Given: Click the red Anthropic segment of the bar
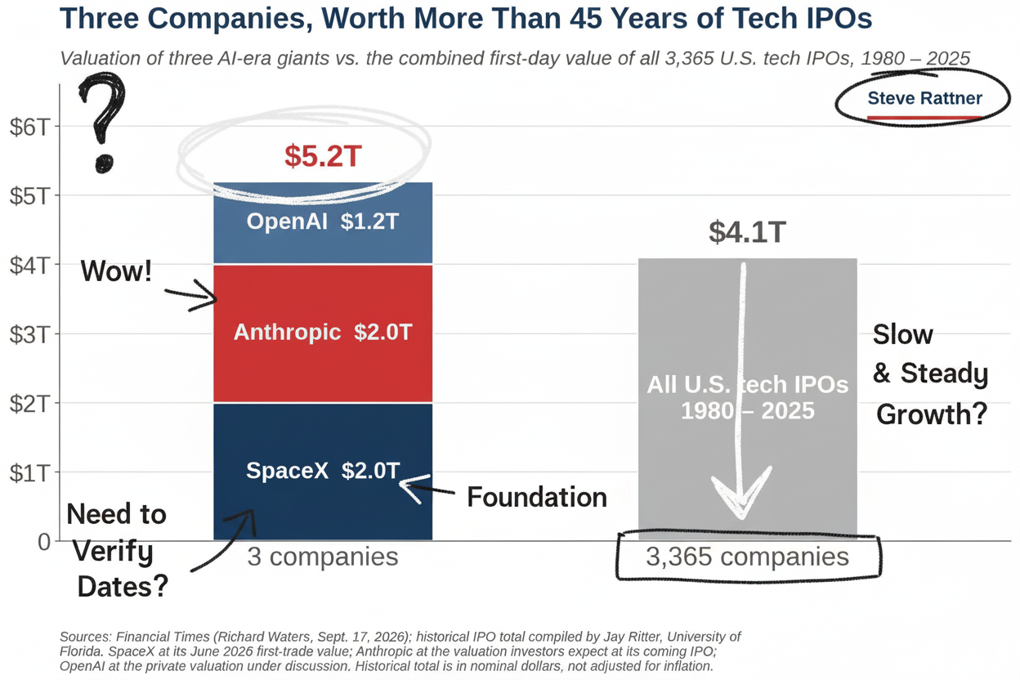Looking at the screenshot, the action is [323, 333].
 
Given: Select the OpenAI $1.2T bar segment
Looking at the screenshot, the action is [323, 223].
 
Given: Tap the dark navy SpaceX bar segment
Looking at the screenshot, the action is [323, 472].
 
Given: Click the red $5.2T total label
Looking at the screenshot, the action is [323, 156].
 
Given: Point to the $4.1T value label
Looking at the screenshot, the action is [747, 232].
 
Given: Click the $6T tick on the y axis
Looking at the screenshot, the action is [29, 127].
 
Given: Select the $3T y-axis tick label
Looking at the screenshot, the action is [29, 335].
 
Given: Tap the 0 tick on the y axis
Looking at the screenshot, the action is [44, 542].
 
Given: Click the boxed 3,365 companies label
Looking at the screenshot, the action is [747, 556].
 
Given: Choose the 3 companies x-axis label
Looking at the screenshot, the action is [323, 557].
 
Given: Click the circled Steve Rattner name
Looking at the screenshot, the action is [924, 98].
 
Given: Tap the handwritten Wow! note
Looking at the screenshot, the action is [116, 271].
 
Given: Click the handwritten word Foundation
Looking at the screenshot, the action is [537, 497].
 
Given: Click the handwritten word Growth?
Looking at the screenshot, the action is [932, 414].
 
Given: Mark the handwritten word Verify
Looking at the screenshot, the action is [113, 552].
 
